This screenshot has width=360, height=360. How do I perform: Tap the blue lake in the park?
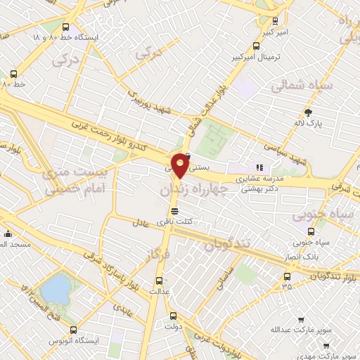pos(56,288)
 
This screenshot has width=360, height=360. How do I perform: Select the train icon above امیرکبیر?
pos(275,20)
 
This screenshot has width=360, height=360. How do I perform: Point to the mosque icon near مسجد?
pos(8,234)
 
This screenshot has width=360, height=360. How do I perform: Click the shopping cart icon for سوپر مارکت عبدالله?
pos(301,319)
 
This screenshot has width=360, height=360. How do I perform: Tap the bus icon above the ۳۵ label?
pos(287,275)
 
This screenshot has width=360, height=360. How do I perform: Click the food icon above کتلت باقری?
pos(174,210)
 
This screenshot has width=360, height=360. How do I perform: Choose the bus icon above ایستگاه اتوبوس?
pos(73,329)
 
